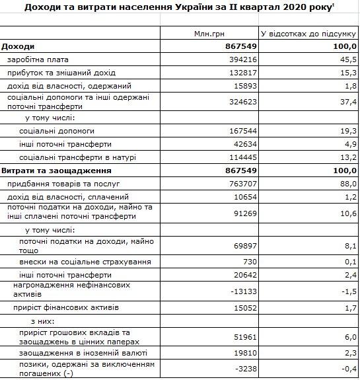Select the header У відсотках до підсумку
pos(308,33)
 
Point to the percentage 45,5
pos(348,59)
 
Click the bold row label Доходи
pos(18,46)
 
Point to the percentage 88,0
pos(348,184)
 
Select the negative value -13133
pos(241,291)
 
